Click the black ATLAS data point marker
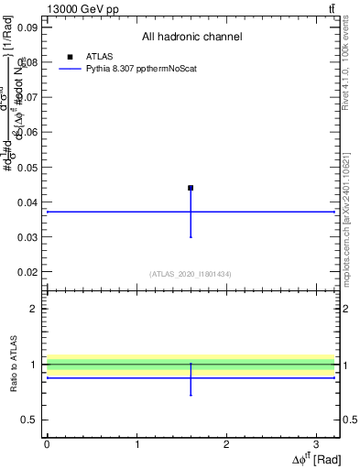pyautogui.click(x=191, y=188)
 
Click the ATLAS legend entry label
pyautogui.click(x=99, y=57)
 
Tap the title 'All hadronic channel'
pyautogui.click(x=191, y=38)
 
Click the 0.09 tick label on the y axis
pyautogui.click(x=27, y=27)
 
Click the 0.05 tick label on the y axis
pyautogui.click(x=27, y=168)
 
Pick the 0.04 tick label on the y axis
pyautogui.click(x=27, y=202)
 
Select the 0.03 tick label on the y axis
pyautogui.click(x=27, y=237)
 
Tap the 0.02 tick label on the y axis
pyautogui.click(x=27, y=272)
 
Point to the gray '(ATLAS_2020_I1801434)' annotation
pyautogui.click(x=191, y=274)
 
